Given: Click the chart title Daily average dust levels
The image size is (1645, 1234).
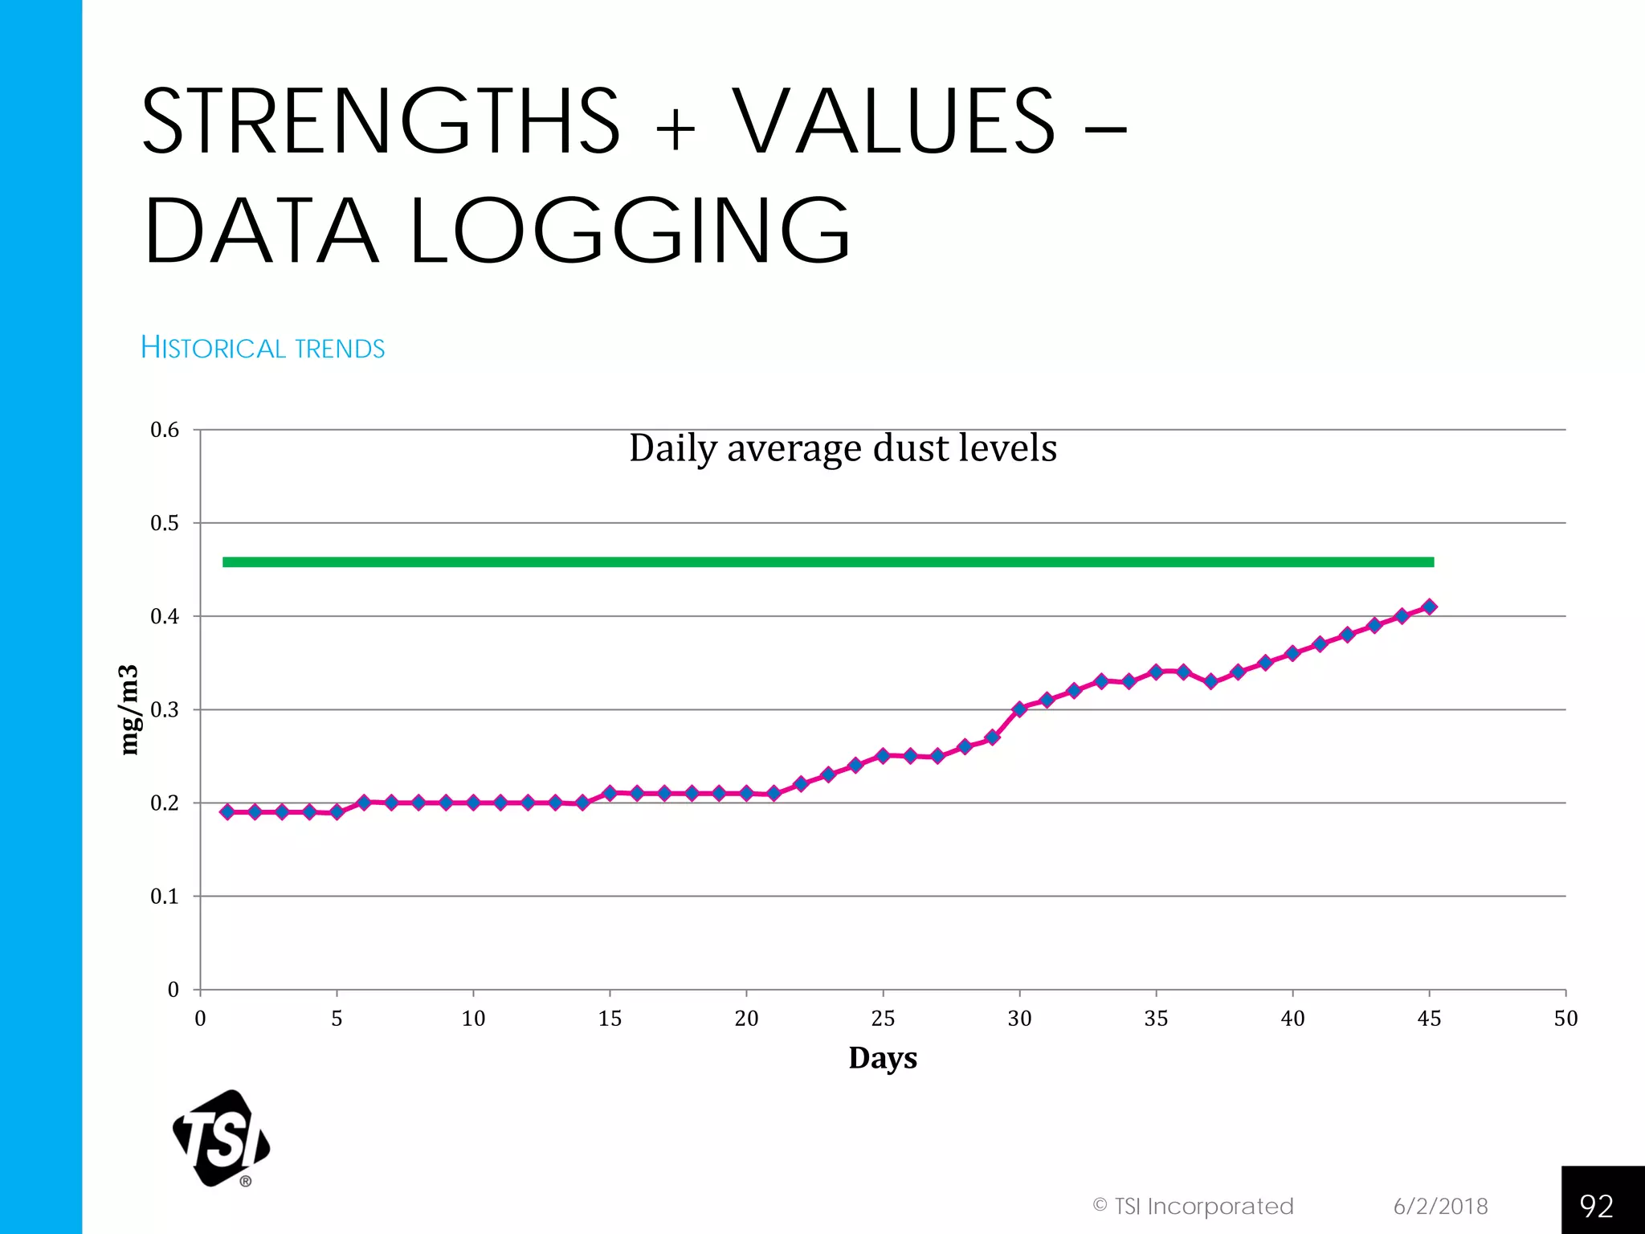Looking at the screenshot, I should (x=843, y=448).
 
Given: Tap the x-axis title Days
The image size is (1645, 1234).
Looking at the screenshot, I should (x=883, y=1058).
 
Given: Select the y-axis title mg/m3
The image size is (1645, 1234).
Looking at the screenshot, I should (x=129, y=710).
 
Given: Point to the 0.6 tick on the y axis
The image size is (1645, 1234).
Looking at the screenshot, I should (x=165, y=430).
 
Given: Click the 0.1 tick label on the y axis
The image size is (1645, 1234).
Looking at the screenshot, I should (x=165, y=897).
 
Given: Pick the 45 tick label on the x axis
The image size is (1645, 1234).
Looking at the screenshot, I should (x=1429, y=1019).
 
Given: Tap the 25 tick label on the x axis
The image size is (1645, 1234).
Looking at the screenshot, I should (x=883, y=1019).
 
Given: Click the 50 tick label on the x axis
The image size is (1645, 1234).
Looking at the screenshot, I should (x=1565, y=1019).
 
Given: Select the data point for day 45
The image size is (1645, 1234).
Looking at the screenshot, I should (x=1429, y=607).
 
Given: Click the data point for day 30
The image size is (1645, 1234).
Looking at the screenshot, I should (x=1019, y=709).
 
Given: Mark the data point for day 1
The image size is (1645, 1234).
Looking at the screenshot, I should (x=227, y=812).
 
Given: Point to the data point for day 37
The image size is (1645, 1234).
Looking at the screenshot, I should (x=1211, y=681).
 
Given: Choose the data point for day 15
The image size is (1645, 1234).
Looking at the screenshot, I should (x=610, y=793).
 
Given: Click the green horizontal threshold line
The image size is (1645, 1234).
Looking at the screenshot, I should (x=827, y=562).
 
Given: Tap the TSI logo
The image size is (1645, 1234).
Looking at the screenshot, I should (x=221, y=1138).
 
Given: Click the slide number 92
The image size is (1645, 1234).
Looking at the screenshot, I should (x=1596, y=1206).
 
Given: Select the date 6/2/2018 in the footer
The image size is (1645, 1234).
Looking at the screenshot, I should (x=1440, y=1207).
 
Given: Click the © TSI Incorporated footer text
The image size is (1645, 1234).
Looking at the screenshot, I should (x=1193, y=1207).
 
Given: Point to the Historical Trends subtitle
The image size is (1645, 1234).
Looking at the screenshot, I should (x=263, y=348).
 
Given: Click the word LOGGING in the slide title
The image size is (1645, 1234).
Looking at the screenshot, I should (x=631, y=231).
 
